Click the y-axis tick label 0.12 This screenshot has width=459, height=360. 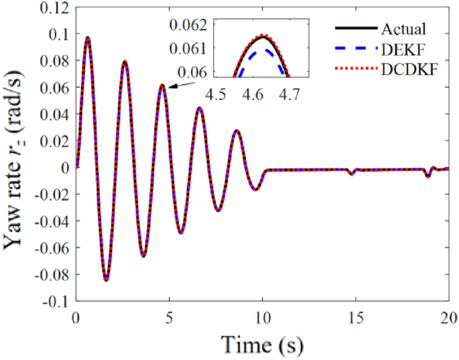[x=54, y=7]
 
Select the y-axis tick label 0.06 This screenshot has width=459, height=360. [x=54, y=87]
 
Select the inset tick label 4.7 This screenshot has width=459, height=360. [x=289, y=96]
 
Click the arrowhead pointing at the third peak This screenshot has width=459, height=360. [x=170, y=86]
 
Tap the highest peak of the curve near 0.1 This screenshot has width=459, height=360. [x=87, y=38]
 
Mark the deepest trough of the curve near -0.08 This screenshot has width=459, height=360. [x=106, y=280]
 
